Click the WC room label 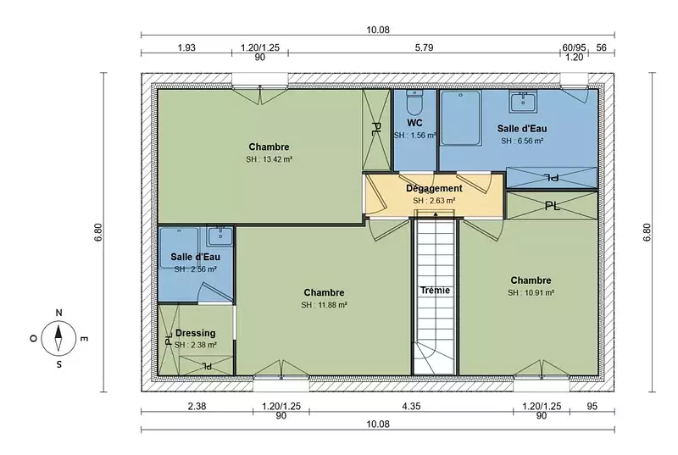coord(414,123)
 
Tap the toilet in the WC coord(415,103)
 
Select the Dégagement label coord(434,189)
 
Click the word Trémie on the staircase coord(435,291)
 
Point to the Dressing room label coord(196,333)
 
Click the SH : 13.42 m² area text coord(269,159)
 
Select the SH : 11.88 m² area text coord(324,305)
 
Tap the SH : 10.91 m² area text coord(531,292)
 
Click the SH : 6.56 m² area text coord(522,141)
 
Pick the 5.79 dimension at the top coord(425,47)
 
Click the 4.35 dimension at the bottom coord(411,406)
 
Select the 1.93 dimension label coord(186,47)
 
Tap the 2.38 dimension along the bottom coord(197,406)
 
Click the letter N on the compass coord(58,313)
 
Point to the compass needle coord(58,338)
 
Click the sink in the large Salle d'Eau coord(523,102)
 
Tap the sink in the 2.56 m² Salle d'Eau coord(220,236)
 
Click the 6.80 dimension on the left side coord(98,232)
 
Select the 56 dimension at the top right coord(602,47)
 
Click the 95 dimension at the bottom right coord(592,406)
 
